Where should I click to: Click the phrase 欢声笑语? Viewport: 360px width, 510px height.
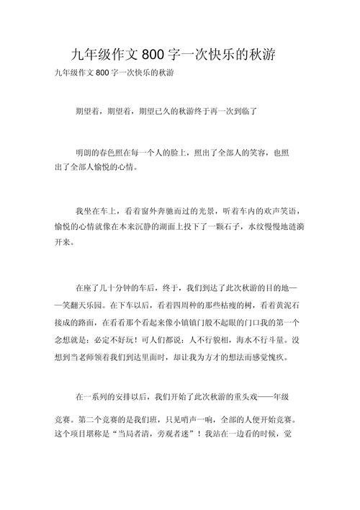(282, 210)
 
